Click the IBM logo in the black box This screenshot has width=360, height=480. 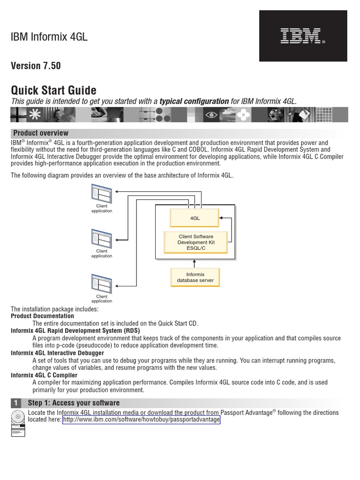point(302,36)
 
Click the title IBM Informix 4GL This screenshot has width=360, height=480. point(49,37)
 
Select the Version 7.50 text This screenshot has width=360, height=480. point(36,66)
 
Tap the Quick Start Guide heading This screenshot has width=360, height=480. point(53,90)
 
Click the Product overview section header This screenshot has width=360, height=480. point(41,133)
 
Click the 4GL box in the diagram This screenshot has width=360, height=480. point(195,218)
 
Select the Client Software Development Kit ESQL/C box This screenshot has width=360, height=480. point(196,242)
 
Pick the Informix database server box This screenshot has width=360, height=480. point(195,277)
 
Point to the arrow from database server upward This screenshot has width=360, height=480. point(195,263)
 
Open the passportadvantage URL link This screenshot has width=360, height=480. point(141,420)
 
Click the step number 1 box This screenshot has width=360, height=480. point(16,403)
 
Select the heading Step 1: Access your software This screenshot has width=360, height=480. point(74,403)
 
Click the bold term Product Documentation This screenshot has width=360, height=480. point(42,316)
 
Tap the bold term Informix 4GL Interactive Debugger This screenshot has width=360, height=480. point(57,353)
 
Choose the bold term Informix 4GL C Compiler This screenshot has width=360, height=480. point(45,375)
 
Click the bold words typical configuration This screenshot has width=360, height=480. point(194,102)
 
